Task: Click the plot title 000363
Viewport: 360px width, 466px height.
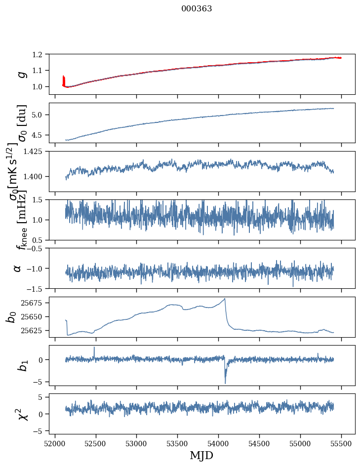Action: pos(197,9)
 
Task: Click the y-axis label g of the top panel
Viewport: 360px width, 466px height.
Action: pos(21,74)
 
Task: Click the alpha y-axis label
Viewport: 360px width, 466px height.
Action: pos(18,268)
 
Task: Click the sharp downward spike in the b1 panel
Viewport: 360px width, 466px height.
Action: pos(225,383)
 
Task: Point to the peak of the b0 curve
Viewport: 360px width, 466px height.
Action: pos(225,299)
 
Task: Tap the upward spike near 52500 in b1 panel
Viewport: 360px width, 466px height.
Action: pos(94,348)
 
